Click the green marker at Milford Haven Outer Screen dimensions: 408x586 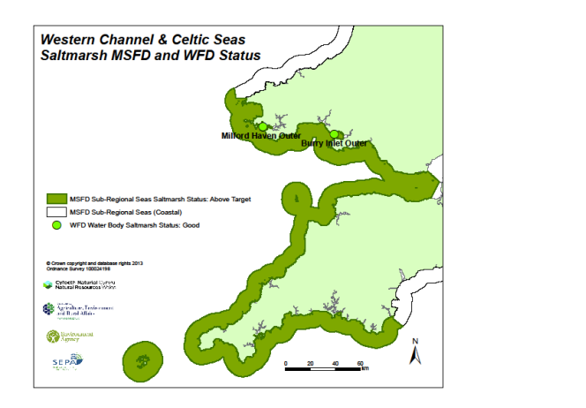tap(262, 127)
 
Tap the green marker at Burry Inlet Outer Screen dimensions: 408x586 tap(334, 134)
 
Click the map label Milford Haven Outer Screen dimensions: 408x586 tap(261, 136)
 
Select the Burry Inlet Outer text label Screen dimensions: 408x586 tap(334, 142)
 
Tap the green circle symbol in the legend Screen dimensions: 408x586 tap(56, 226)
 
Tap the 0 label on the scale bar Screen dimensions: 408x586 tap(286, 364)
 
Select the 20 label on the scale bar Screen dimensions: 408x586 tap(311, 364)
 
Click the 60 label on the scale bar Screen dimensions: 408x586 tap(360, 364)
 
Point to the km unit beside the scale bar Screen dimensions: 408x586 tap(364, 369)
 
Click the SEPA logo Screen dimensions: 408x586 tap(65, 360)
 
